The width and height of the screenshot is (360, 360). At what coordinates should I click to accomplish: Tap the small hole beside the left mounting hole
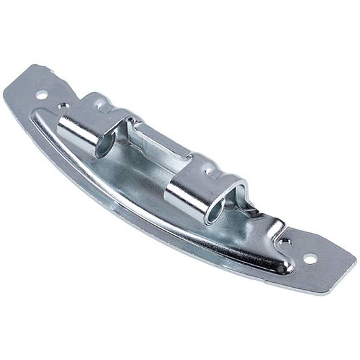point(62,106)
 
